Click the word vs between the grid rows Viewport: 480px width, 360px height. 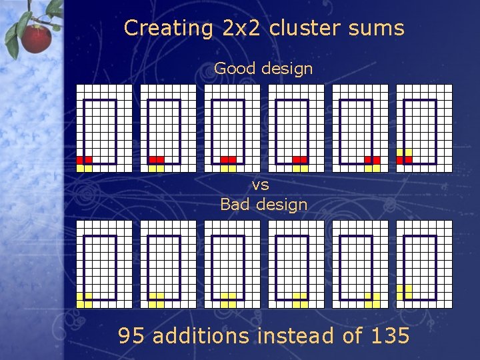click(261, 185)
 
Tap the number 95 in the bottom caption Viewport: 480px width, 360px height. click(133, 335)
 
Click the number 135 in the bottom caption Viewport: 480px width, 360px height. click(388, 335)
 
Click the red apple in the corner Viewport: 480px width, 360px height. click(36, 38)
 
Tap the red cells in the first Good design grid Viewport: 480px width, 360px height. click(84, 160)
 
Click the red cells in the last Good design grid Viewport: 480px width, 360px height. click(404, 160)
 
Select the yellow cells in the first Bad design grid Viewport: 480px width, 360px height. click(84, 300)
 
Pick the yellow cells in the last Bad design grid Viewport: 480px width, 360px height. click(404, 291)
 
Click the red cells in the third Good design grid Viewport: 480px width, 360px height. click(228, 160)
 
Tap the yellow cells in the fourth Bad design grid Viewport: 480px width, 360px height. click(300, 300)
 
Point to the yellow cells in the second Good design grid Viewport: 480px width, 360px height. click(156, 168)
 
